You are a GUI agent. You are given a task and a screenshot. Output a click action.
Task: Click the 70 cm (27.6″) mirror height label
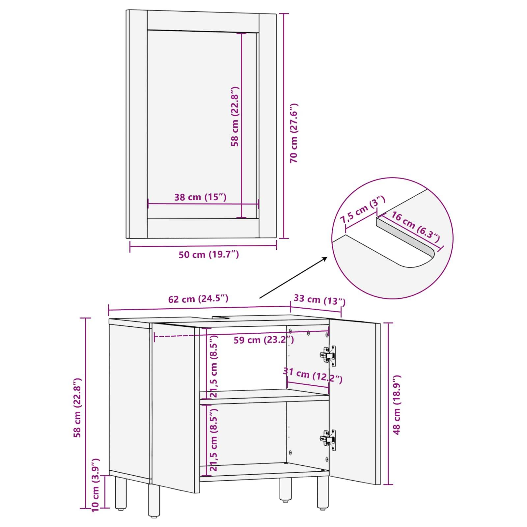(x=294, y=133)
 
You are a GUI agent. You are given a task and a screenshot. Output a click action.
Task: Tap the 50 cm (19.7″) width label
(x=208, y=254)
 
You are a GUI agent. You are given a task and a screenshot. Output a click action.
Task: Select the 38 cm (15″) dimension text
(x=200, y=197)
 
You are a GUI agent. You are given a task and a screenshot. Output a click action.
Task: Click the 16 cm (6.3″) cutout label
(x=415, y=227)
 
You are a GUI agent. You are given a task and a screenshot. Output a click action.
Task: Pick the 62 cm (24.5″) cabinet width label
(x=198, y=299)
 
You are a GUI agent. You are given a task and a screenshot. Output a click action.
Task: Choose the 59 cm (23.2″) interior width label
(x=263, y=340)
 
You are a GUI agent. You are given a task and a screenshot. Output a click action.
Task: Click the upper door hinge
(x=329, y=355)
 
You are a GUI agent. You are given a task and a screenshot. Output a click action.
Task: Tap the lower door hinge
(x=329, y=439)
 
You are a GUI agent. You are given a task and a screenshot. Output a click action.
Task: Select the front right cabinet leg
(x=322, y=496)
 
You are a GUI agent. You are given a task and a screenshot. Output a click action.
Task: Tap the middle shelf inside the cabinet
(x=263, y=395)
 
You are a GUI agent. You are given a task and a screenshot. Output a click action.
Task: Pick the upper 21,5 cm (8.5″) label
(x=214, y=366)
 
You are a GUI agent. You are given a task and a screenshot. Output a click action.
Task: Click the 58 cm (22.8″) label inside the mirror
(x=235, y=117)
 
